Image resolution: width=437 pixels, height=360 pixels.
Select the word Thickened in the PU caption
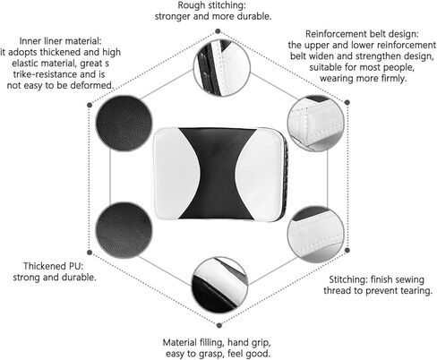pos(44,266)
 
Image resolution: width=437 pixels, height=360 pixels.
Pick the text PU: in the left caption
pos(75,266)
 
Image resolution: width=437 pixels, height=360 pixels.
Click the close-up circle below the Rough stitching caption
pos(222,68)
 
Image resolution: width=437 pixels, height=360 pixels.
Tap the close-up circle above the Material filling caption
pos(219,286)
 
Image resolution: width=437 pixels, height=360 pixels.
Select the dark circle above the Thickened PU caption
pos(124,230)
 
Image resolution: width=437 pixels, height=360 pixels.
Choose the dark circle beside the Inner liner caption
pos(124,124)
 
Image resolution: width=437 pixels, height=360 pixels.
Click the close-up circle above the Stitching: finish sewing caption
pos(316,234)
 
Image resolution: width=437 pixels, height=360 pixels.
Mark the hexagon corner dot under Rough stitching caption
pos(218,31)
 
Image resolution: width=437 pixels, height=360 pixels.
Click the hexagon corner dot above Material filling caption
pos(219,325)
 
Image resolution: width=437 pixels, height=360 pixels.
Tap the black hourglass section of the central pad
pos(217,175)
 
